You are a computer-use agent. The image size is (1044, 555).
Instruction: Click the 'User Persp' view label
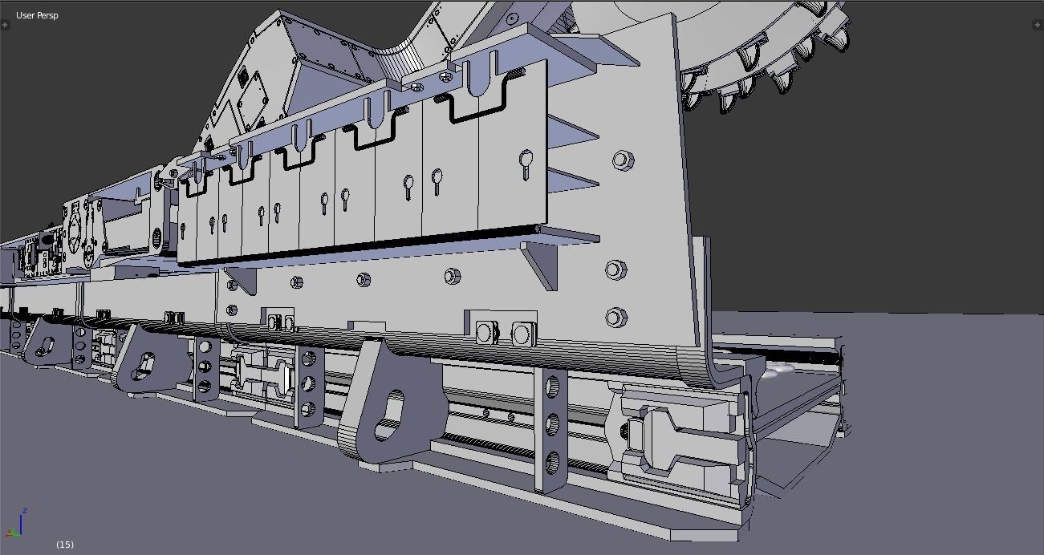tap(37, 15)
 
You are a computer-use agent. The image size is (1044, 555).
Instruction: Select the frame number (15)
tap(65, 545)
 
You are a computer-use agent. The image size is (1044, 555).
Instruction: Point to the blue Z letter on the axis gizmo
tap(25, 511)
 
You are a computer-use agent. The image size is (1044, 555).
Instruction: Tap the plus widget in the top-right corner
tap(1038, 26)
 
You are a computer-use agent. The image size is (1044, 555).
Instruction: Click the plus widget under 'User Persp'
tap(6, 26)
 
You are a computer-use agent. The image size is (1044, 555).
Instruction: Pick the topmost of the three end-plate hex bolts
tap(621, 160)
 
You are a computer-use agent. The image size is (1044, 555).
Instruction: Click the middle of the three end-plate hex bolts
tap(615, 269)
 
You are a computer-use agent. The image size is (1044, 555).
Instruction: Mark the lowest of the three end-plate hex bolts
tap(615, 318)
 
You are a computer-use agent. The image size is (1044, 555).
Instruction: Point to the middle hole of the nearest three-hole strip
tap(553, 424)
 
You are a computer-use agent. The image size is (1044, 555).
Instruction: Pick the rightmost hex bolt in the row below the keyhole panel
tap(452, 277)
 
